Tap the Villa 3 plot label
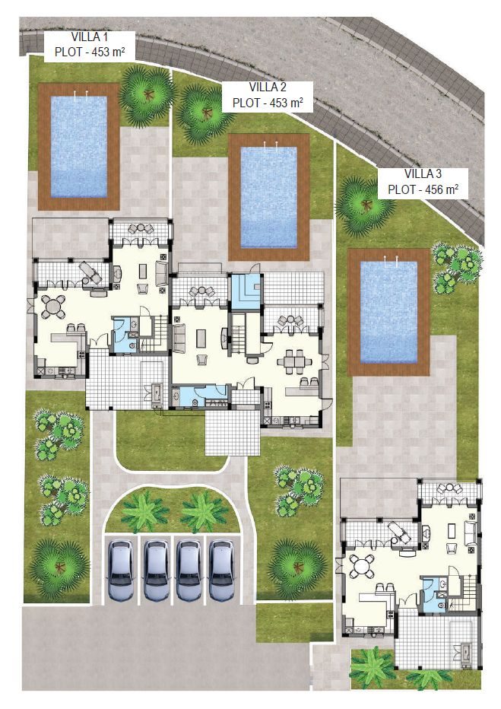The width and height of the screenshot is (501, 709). point(423,183)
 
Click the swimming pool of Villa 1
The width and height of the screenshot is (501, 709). point(78,147)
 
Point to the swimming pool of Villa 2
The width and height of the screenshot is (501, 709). point(269,197)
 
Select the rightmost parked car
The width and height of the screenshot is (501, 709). point(221,571)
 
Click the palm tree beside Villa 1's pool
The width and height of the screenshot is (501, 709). point(147,94)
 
